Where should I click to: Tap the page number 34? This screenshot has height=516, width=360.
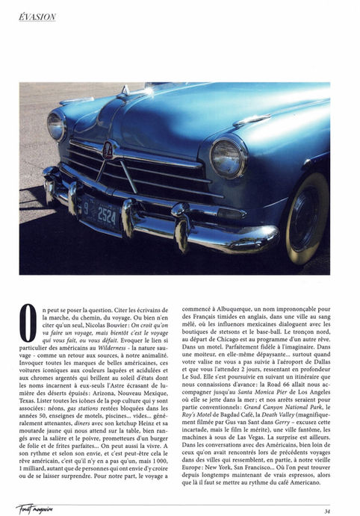pyautogui.click(x=327, y=510)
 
